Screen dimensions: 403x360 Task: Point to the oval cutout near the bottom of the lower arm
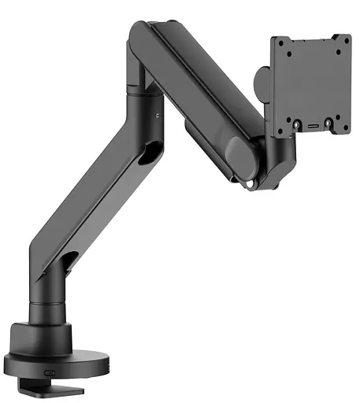72,261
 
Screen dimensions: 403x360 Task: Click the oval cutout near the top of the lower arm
147,156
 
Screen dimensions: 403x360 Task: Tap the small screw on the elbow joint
158,116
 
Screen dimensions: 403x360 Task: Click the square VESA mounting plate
311,83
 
